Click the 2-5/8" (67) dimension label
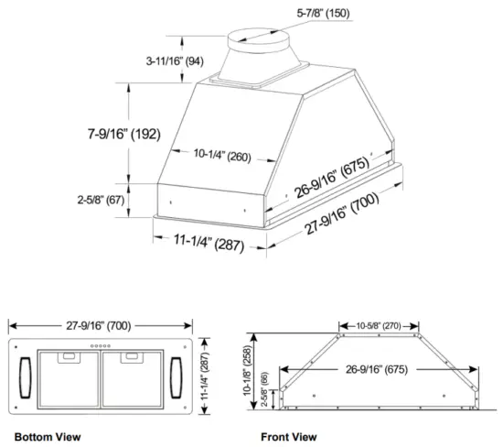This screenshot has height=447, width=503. click(102, 198)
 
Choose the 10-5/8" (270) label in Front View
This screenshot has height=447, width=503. click(378, 324)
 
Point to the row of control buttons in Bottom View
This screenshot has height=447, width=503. click(101, 346)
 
